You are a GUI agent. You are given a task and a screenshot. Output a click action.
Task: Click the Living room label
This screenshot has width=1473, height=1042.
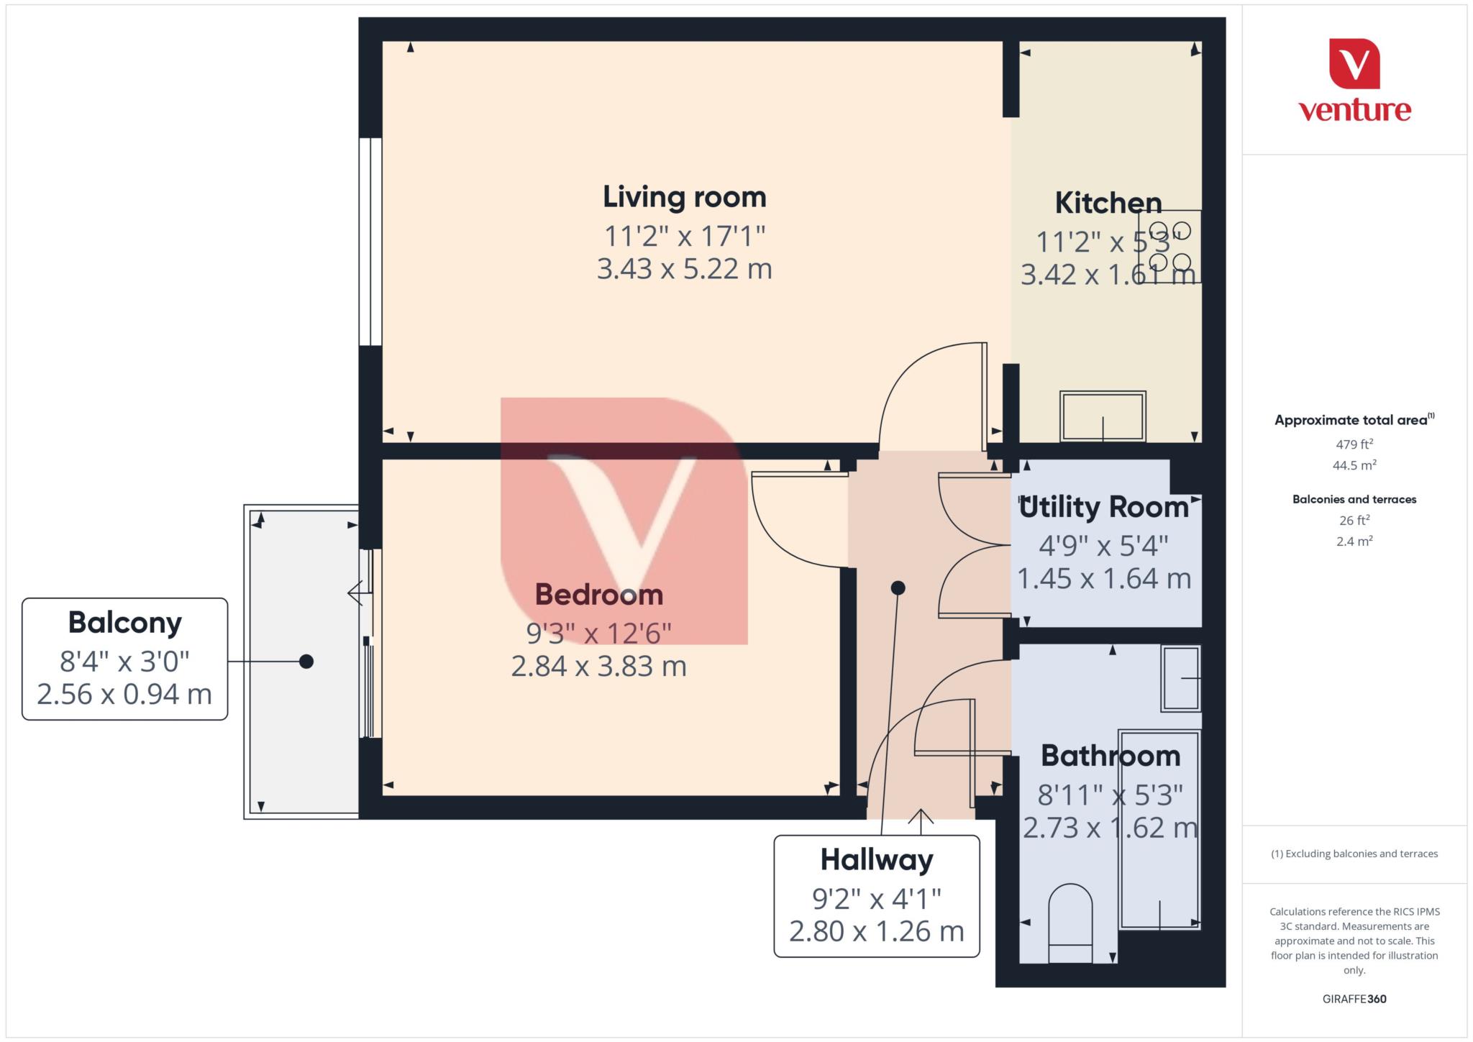[x=684, y=197]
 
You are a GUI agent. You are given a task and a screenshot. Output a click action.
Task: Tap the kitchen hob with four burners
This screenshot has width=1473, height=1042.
[x=1169, y=246]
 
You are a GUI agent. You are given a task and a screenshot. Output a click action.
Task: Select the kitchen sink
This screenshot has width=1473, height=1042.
[x=1103, y=416]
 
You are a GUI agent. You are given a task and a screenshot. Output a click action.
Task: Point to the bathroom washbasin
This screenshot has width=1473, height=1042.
[x=1181, y=678]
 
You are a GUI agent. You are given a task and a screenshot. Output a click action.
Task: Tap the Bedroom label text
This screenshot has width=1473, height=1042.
[x=598, y=595]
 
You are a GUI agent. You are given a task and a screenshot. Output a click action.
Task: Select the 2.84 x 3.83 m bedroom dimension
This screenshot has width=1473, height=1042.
[x=598, y=667]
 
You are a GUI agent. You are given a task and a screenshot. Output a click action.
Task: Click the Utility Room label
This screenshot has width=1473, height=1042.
[x=1103, y=508]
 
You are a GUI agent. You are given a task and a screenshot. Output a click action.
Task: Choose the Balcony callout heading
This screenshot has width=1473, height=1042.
[x=124, y=623]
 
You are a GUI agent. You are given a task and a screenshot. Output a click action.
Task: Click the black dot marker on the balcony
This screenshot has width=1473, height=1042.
[x=306, y=662]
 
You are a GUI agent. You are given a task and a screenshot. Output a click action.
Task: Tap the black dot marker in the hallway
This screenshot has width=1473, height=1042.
[x=898, y=588]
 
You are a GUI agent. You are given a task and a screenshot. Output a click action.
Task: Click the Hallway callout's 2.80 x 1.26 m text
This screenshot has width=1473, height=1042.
[x=876, y=932]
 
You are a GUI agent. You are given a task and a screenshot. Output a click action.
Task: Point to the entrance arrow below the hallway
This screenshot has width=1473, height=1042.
[x=921, y=818]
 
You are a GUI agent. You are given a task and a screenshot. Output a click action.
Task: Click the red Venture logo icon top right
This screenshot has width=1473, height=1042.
[x=1354, y=63]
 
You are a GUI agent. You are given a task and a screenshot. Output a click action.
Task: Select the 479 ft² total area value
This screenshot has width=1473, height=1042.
[x=1354, y=444]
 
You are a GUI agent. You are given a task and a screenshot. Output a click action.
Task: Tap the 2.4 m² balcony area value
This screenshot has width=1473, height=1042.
[x=1354, y=541]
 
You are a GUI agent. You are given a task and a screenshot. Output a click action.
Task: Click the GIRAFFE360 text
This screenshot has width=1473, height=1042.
[x=1354, y=999]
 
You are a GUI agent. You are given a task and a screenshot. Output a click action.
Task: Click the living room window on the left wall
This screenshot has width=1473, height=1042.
[x=370, y=242]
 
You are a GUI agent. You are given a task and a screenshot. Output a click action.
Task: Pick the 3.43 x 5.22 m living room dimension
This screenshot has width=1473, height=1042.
[x=684, y=269]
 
